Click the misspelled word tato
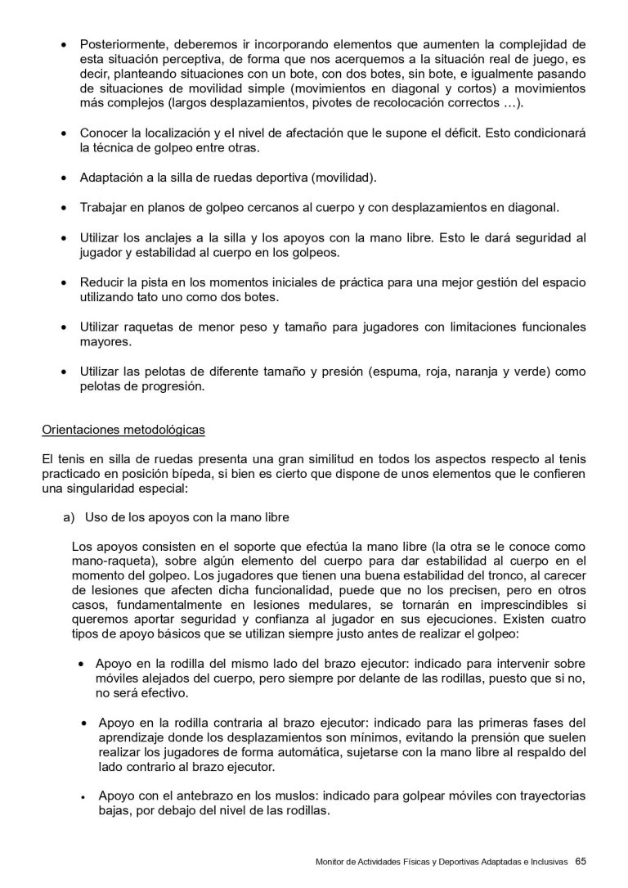tap(151, 297)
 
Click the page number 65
tap(581, 861)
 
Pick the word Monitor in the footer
tap(332, 862)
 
